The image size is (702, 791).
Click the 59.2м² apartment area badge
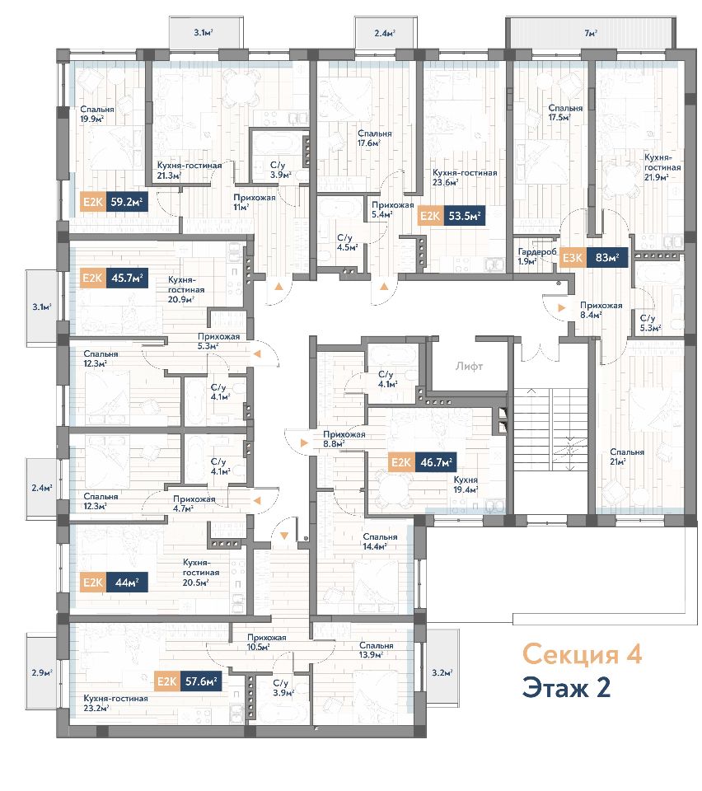(127, 203)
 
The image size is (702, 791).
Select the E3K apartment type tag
(572, 258)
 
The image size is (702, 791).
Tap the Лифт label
(469, 367)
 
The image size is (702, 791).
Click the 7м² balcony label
(591, 33)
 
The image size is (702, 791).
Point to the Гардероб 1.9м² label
(537, 257)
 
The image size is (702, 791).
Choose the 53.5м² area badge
(465, 217)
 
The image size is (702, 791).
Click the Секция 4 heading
(582, 654)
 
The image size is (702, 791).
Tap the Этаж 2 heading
(566, 687)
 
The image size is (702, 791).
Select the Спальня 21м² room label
(627, 456)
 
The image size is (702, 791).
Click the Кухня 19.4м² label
(466, 484)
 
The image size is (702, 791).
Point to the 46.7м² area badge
(436, 462)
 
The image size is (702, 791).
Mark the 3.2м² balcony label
(442, 672)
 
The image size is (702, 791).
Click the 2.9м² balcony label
(42, 672)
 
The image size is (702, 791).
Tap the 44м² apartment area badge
(127, 583)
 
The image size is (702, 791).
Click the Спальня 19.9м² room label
(97, 114)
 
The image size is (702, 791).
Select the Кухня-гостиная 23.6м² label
(465, 177)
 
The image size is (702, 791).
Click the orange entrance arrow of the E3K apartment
(562, 307)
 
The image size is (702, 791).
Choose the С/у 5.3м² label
(650, 323)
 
